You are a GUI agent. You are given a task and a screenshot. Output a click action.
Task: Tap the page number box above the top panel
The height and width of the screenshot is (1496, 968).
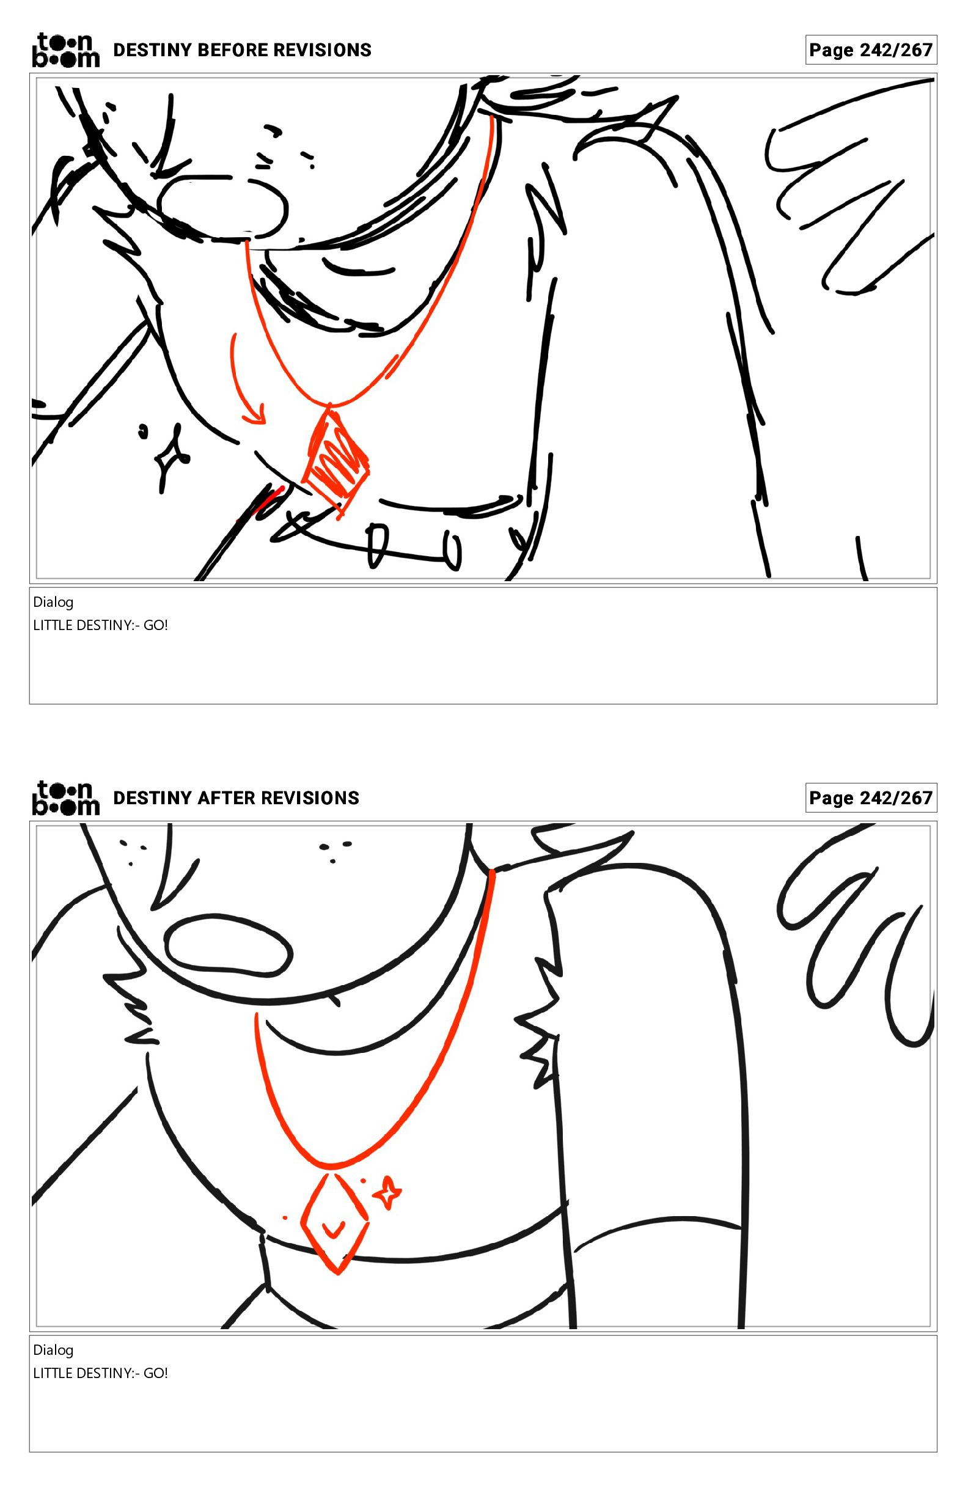(871, 50)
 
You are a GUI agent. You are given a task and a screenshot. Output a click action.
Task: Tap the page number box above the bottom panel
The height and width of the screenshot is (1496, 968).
(871, 798)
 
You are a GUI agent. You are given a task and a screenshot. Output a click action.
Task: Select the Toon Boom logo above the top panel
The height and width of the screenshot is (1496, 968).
(65, 50)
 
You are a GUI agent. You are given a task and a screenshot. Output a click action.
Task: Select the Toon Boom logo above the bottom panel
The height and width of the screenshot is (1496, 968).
(65, 798)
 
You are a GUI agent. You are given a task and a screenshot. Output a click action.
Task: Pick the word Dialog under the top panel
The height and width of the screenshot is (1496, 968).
(53, 602)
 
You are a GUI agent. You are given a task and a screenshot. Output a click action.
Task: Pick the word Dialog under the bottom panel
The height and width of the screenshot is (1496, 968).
(53, 1350)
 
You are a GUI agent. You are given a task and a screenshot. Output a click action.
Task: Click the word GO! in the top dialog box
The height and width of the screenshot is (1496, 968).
(156, 625)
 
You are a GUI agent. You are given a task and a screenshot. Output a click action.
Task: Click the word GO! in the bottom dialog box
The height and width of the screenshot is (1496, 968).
(156, 1373)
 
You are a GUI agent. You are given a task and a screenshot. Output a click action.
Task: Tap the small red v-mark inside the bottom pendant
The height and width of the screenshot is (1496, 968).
(334, 1226)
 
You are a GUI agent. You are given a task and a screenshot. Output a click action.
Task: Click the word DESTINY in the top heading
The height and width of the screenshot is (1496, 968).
(153, 50)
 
